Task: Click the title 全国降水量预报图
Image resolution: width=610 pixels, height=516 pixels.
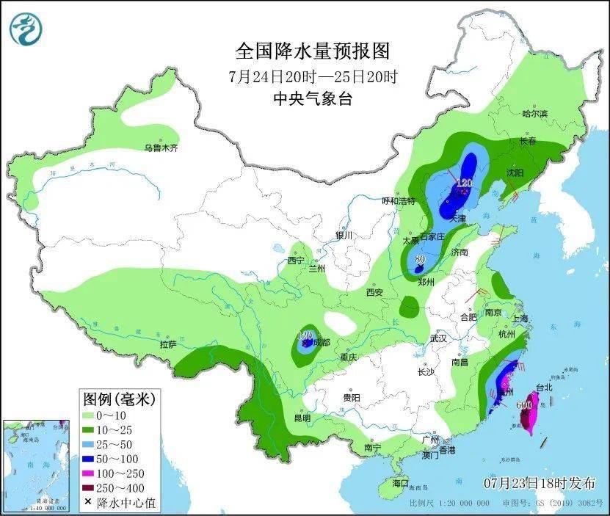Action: coord(311,51)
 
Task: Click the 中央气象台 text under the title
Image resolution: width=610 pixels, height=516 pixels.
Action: coord(312,99)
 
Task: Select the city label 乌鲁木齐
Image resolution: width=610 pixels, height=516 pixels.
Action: coord(161,148)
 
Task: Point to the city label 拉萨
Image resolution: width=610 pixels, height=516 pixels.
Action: coord(167,344)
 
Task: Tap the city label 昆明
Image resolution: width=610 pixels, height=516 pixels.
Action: coord(301,418)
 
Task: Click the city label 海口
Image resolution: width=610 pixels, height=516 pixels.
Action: coord(399,484)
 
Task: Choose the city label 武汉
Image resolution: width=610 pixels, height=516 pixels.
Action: coord(438,339)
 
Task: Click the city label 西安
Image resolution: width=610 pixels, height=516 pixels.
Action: coord(374,292)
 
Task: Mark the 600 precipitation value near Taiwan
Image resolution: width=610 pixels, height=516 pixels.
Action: coord(524,404)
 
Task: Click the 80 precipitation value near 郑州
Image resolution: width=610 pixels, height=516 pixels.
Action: coord(421,258)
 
